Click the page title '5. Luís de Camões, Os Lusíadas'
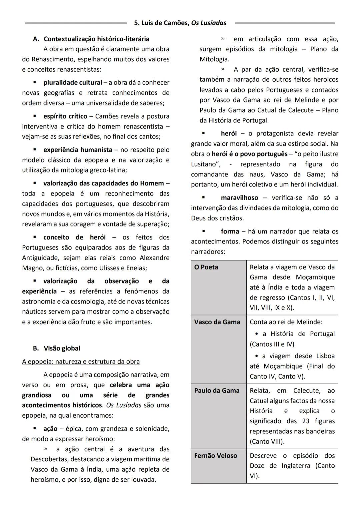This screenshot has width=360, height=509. (180, 23)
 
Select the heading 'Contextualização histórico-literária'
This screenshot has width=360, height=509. (96, 39)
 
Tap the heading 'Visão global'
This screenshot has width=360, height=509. (62, 348)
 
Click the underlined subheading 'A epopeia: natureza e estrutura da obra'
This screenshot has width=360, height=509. (81, 362)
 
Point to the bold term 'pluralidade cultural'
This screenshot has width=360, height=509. (73, 82)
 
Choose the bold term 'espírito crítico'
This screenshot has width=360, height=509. (65, 116)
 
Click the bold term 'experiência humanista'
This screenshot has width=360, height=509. (78, 150)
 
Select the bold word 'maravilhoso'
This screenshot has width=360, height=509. (240, 197)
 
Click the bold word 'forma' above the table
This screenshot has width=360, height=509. (230, 231)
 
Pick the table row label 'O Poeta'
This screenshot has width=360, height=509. (206, 267)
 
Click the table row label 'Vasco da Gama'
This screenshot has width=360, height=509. (217, 322)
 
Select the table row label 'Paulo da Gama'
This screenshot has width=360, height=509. (217, 390)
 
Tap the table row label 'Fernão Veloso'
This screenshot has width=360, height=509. (216, 455)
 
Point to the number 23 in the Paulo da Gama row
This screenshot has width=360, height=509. (306, 421)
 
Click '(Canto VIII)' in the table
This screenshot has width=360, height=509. (267, 441)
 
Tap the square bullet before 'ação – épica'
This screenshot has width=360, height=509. (34, 428)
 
